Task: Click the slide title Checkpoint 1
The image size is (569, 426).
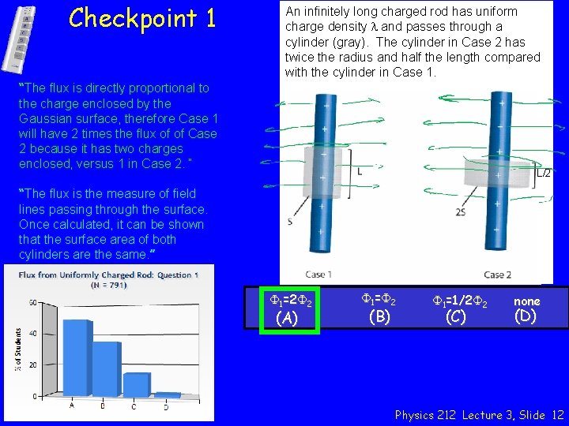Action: [141, 18]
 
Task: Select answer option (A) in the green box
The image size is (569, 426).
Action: [289, 309]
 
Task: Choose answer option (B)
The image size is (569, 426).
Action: [379, 309]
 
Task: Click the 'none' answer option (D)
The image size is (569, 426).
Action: [526, 309]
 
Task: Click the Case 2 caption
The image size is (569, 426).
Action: [497, 275]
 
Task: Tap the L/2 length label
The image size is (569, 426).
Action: [545, 174]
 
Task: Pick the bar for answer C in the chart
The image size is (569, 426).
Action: [137, 383]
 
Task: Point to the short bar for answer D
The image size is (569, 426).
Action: [167, 393]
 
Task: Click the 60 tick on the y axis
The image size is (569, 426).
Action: [32, 303]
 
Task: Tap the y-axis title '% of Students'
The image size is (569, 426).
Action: [17, 350]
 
